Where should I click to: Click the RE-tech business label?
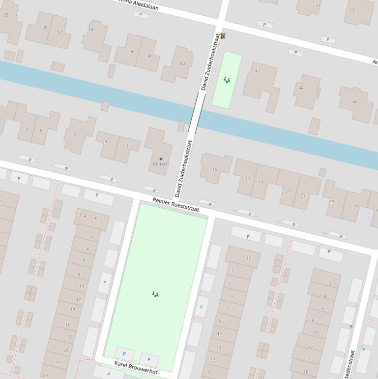point(160,164)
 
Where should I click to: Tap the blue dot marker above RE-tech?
point(161,159)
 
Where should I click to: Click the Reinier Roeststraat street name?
point(175,205)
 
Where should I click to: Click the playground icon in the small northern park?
point(227,80)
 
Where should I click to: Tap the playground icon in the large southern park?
point(155,294)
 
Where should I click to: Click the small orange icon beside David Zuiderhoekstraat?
point(223,36)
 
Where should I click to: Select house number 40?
point(182,63)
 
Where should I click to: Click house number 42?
point(257,71)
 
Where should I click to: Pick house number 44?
point(301,88)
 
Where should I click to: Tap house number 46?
point(355,102)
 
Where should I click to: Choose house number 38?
point(148,56)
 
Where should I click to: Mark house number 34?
point(90,30)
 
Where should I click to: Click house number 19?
point(261,183)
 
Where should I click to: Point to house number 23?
point(302,196)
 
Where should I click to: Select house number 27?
point(356,207)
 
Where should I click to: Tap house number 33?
point(351,10)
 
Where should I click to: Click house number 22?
point(58,363)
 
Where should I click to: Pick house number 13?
point(218,347)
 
